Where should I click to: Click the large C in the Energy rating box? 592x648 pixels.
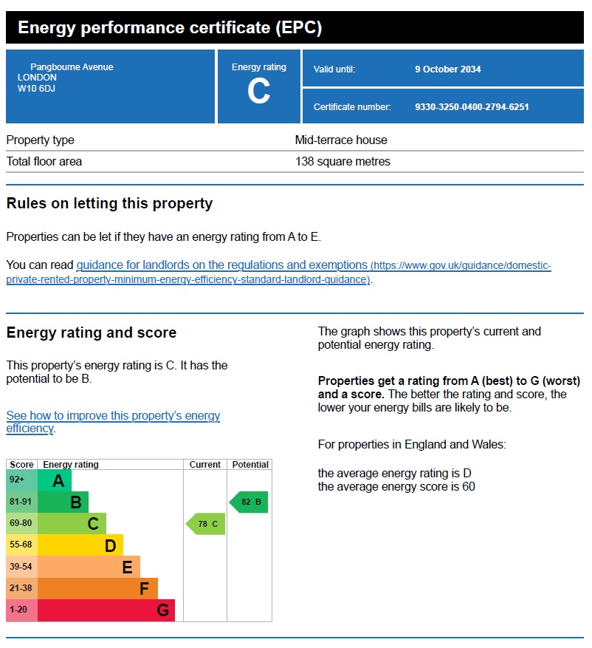(x=258, y=92)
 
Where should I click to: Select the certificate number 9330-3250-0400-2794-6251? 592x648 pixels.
(x=472, y=107)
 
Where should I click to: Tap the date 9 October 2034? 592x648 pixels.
(x=447, y=69)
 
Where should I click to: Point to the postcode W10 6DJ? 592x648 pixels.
(x=37, y=89)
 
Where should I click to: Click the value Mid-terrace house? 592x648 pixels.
(x=341, y=140)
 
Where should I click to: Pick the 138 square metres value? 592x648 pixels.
(x=343, y=162)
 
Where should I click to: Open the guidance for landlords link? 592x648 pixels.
(x=221, y=265)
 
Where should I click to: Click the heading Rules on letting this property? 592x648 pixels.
(x=109, y=204)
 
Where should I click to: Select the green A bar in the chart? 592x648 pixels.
(x=55, y=481)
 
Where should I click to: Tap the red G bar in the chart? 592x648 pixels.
(x=106, y=610)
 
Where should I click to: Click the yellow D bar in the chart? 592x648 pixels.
(x=80, y=546)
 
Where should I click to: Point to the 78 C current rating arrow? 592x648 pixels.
(x=206, y=525)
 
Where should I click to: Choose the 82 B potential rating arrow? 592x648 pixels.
(x=249, y=502)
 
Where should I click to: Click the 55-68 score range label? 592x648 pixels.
(x=21, y=546)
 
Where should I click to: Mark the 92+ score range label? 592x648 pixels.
(x=18, y=481)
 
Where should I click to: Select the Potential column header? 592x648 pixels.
(x=250, y=465)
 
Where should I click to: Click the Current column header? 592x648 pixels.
(x=205, y=465)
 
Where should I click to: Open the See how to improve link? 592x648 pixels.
(x=113, y=422)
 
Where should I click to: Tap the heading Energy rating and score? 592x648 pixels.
(x=92, y=333)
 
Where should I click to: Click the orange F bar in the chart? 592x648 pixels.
(x=97, y=589)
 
